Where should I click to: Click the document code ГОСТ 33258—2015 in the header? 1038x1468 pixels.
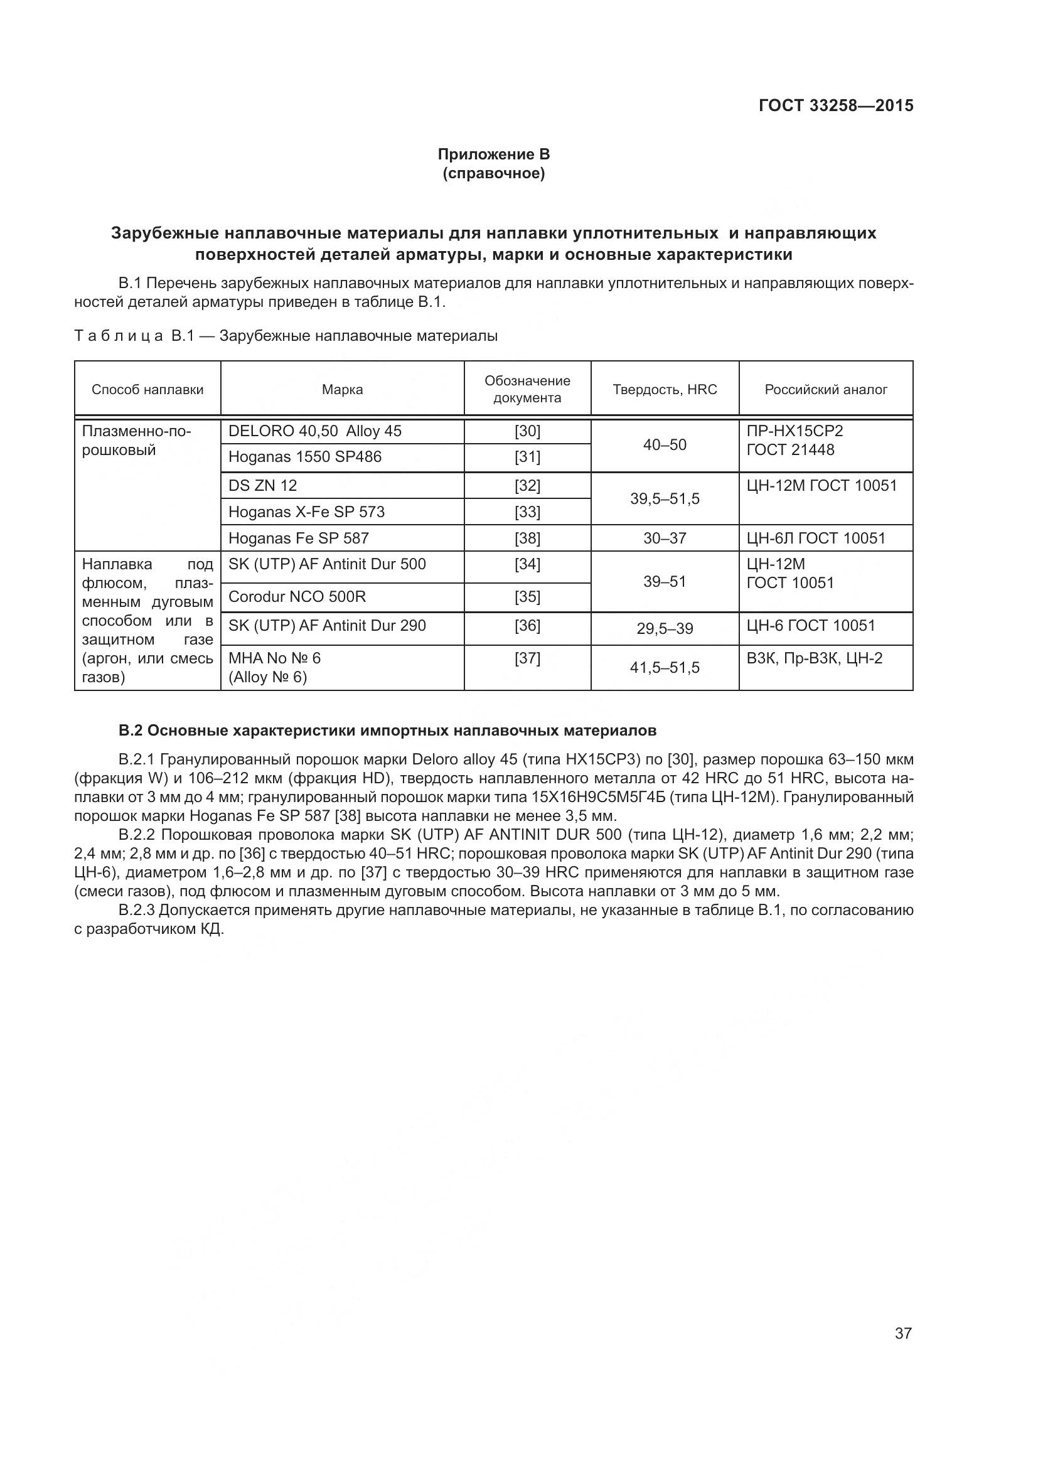click(835, 106)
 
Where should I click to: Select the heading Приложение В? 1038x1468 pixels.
click(493, 154)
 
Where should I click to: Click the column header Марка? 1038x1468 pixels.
click(342, 389)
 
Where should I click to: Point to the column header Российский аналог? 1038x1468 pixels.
click(826, 389)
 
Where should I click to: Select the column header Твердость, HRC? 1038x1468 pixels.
click(665, 389)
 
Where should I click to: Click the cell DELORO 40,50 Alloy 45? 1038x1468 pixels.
click(315, 431)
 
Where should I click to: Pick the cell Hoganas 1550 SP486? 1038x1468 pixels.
click(305, 456)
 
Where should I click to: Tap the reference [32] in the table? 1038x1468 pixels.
click(527, 485)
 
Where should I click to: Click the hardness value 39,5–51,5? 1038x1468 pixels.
click(665, 499)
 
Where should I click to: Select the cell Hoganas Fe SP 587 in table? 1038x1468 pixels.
click(299, 538)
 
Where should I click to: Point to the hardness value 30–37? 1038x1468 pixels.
click(665, 538)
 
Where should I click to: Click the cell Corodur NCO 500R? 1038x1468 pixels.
click(297, 596)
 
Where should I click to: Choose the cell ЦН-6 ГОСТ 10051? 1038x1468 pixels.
click(810, 625)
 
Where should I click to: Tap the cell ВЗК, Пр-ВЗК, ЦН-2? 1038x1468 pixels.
click(815, 658)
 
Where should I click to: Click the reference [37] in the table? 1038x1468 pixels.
click(527, 658)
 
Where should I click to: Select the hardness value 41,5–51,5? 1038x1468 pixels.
click(665, 668)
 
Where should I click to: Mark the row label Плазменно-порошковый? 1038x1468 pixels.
click(137, 441)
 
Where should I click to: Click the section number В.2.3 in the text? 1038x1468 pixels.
click(137, 910)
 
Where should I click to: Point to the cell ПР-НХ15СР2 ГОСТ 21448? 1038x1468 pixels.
click(795, 440)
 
